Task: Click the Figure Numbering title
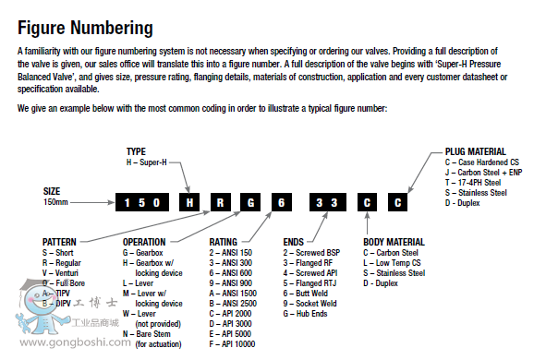(85, 27)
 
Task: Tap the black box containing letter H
(189, 201)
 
